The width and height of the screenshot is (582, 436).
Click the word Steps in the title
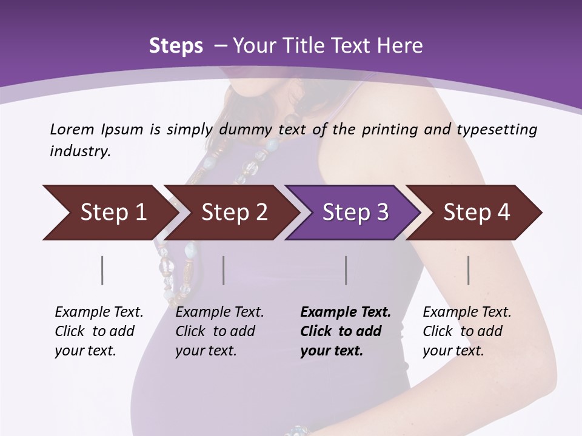click(x=176, y=46)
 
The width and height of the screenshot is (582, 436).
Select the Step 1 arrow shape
click(x=113, y=213)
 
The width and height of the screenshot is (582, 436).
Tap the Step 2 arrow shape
click(x=235, y=213)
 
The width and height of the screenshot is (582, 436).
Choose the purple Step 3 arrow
click(x=355, y=213)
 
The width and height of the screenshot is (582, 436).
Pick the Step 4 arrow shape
click(x=477, y=213)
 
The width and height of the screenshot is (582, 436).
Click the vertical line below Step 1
click(x=102, y=270)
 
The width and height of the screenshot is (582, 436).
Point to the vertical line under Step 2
click(x=224, y=270)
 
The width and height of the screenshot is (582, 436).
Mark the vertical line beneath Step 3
click(x=346, y=270)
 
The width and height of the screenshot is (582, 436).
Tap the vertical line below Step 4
click(x=468, y=270)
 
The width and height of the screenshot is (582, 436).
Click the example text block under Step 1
click(x=99, y=331)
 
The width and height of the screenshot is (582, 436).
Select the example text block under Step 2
click(x=219, y=331)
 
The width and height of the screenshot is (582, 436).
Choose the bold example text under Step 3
click(x=345, y=331)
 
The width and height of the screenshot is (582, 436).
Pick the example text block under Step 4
click(x=467, y=331)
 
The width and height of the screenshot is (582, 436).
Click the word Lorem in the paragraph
click(x=72, y=130)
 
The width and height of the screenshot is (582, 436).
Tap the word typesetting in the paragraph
click(x=497, y=130)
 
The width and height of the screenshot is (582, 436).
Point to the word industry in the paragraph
click(x=80, y=151)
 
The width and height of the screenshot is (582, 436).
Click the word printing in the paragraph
click(x=389, y=130)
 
